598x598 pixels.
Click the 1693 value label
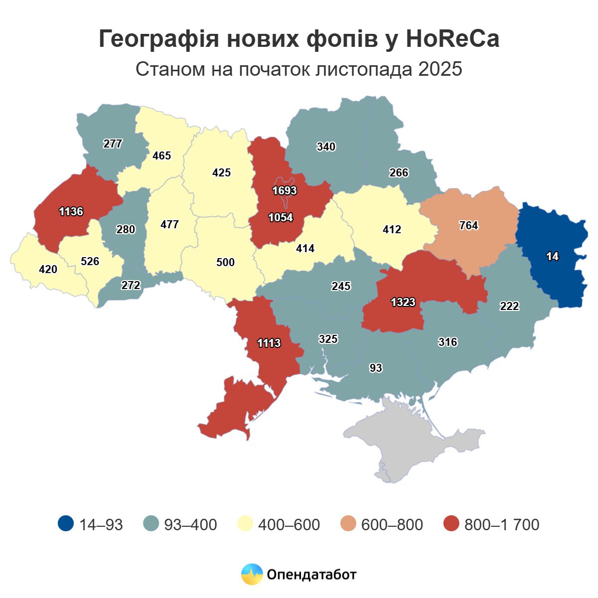[285, 190]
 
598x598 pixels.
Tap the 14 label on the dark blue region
[552, 257]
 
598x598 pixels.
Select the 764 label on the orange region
[468, 225]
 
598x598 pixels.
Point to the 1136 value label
[71, 211]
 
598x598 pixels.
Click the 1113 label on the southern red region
[269, 343]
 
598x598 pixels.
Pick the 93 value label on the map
[376, 368]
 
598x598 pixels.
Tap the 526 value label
[90, 261]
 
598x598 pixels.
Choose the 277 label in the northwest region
[113, 144]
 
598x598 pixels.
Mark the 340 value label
[326, 147]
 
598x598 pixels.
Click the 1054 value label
[281, 217]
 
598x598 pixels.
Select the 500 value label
[225, 262]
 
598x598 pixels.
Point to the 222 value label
[509, 306]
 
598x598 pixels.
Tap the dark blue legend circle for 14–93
[65, 524]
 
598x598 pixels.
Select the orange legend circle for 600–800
[348, 524]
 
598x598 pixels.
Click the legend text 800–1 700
[501, 524]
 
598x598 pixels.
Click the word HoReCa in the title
[452, 39]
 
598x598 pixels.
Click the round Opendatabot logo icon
[252, 574]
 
